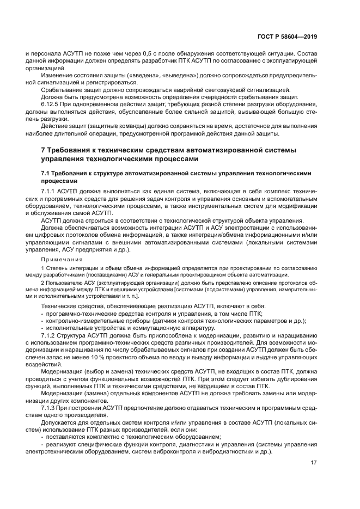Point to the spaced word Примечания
pyautogui.click(x=60, y=261)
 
